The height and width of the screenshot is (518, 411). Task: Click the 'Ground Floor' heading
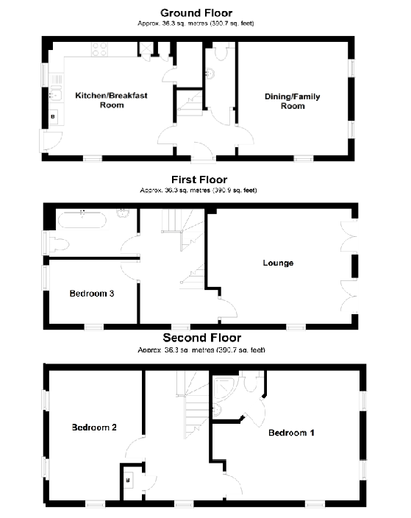tap(196, 13)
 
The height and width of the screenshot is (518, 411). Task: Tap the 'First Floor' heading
tap(199, 180)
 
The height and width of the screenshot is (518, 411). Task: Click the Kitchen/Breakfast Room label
tap(101, 100)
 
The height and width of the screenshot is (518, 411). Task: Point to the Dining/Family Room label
tap(293, 101)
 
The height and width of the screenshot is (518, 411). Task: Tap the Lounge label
tap(279, 263)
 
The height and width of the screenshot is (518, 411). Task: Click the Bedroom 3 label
tap(91, 294)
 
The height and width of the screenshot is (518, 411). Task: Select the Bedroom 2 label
tap(94, 427)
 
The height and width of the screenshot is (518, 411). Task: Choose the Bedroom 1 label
tap(291, 432)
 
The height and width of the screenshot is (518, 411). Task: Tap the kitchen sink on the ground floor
tap(53, 94)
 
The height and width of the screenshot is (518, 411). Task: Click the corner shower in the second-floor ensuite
tap(221, 387)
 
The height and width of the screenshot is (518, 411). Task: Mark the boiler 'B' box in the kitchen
tap(53, 117)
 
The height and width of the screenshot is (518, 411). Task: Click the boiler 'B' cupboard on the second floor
tap(129, 479)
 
